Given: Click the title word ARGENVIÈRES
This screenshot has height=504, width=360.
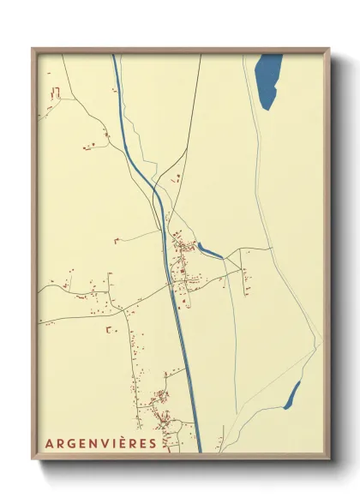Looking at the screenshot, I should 101,443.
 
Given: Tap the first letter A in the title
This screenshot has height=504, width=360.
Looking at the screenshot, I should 50,443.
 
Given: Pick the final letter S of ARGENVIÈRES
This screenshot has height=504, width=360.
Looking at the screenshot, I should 153,443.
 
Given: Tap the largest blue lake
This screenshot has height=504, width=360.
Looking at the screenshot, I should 268,80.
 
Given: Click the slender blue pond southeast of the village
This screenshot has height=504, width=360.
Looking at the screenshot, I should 292,394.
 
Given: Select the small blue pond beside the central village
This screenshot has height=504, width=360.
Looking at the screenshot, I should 210,250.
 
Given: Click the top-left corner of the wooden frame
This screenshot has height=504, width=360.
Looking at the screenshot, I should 33,50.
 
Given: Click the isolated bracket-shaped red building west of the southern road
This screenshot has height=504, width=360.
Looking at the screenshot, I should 109,327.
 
